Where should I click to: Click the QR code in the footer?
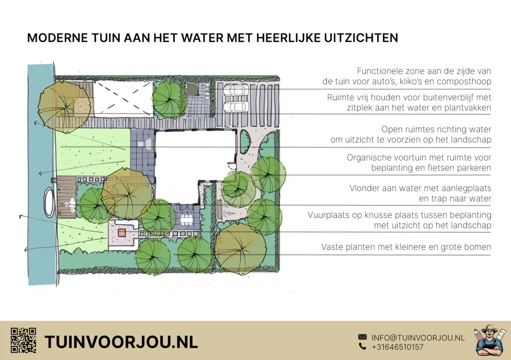click(x=23, y=341)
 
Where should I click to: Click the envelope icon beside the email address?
click(x=362, y=337)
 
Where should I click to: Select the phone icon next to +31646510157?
click(x=362, y=347)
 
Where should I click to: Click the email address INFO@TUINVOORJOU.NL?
click(x=418, y=338)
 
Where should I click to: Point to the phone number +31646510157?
click(x=398, y=347)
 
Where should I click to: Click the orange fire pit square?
click(x=122, y=232)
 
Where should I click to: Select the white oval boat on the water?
click(x=49, y=202)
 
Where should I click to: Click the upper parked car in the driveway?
click(x=236, y=90)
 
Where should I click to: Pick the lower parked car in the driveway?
click(x=236, y=106)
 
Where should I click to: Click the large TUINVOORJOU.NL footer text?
click(x=121, y=342)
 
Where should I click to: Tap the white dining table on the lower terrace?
click(x=187, y=220)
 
